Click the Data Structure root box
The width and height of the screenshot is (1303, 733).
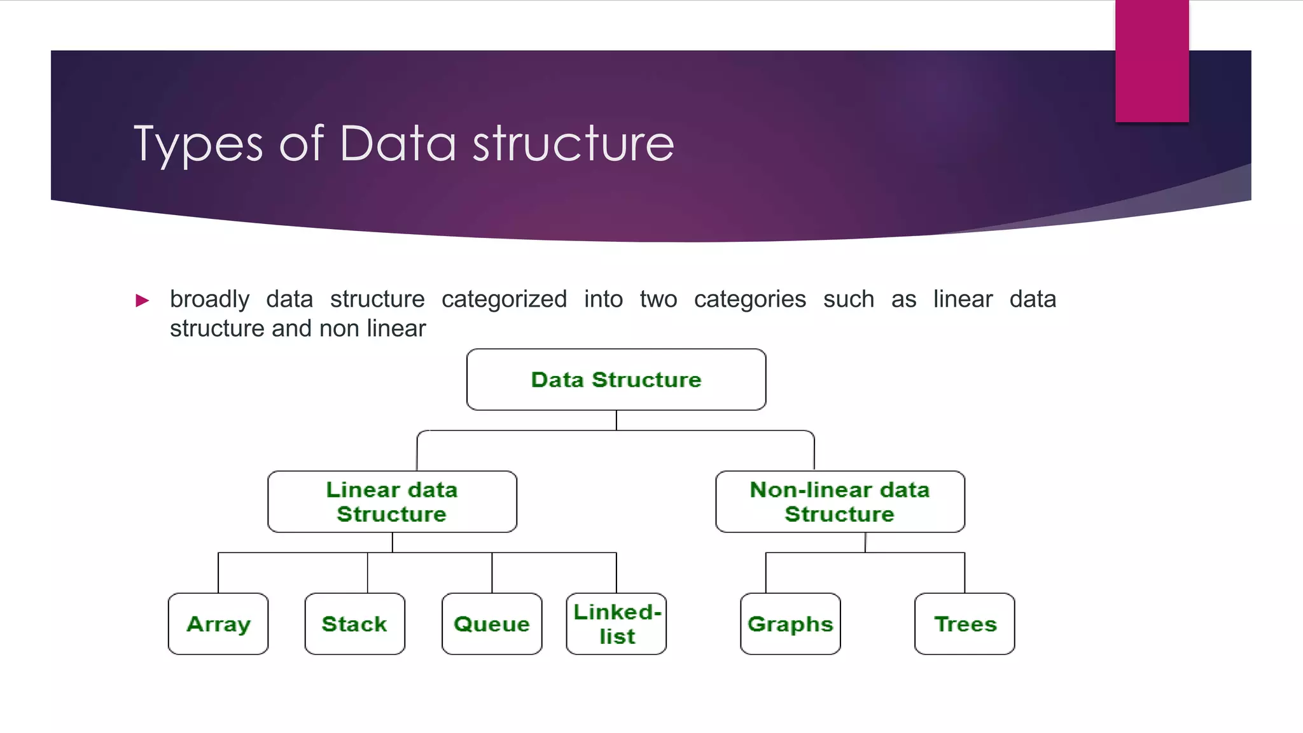click(616, 379)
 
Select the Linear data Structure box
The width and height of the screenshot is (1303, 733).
click(392, 501)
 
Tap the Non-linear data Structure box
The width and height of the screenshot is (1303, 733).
click(840, 501)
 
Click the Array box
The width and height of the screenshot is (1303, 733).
click(218, 624)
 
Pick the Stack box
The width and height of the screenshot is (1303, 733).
click(354, 624)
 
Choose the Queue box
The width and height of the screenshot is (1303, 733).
click(492, 624)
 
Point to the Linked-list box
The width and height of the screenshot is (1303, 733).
click(616, 624)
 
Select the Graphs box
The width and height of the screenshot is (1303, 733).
click(790, 624)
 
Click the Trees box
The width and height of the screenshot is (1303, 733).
click(965, 624)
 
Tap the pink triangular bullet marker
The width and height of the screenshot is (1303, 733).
click(143, 300)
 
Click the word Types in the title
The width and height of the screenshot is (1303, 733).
click(198, 144)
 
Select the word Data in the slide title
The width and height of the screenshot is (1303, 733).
click(398, 143)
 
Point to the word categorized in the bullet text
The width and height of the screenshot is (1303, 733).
click(504, 299)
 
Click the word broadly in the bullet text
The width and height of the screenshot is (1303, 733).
click(209, 299)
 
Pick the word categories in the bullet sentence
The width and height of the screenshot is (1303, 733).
click(749, 299)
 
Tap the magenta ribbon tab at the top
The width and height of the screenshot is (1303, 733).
click(1152, 60)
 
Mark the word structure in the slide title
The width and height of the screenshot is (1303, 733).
click(573, 143)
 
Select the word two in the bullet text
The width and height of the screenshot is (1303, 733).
click(658, 299)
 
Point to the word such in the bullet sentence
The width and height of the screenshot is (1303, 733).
click(848, 299)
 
